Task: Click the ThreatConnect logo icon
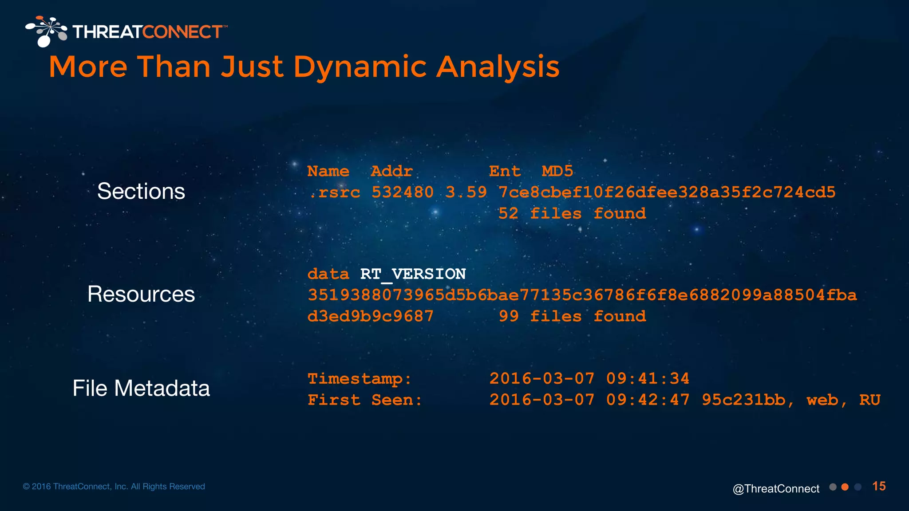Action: click(46, 31)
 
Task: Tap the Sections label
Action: click(141, 191)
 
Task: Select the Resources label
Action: click(141, 294)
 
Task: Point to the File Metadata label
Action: click(141, 388)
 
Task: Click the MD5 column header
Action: click(557, 171)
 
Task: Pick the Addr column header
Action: click(391, 171)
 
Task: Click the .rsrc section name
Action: click(334, 193)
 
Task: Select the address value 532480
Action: click(402, 193)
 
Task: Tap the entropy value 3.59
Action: click(466, 193)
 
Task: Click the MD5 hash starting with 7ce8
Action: click(667, 193)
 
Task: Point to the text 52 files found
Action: click(572, 214)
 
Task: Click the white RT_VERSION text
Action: click(413, 274)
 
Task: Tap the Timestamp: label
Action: click(360, 379)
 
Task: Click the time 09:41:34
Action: click(648, 379)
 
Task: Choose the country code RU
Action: click(869, 400)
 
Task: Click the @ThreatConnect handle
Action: click(776, 489)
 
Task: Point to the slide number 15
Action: click(879, 487)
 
